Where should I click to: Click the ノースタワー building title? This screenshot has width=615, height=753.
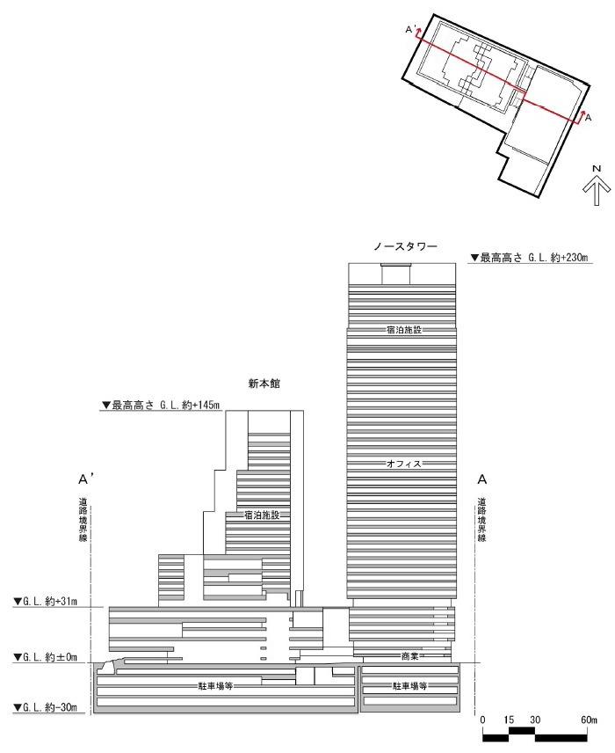[403, 245]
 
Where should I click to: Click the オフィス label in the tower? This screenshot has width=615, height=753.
[403, 463]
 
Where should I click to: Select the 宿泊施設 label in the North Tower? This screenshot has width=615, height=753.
[403, 329]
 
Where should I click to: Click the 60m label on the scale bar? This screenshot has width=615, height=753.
[590, 719]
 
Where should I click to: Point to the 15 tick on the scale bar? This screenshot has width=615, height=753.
[508, 719]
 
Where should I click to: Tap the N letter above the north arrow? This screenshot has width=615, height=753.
[595, 168]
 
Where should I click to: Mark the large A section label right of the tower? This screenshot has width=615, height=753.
[481, 479]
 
